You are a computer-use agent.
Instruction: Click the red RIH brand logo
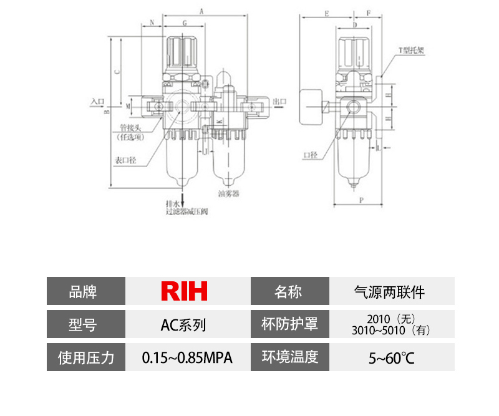[184, 291]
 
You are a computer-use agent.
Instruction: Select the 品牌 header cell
[86, 291]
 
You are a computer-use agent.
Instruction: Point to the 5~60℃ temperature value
[391, 358]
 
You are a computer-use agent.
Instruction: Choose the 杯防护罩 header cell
[289, 324]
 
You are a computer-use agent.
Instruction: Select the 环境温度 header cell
[289, 357]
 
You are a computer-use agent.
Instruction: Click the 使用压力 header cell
[86, 358]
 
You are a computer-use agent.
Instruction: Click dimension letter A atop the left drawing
[201, 11]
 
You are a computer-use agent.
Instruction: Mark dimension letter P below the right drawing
[361, 200]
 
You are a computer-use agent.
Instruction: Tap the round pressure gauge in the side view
[309, 107]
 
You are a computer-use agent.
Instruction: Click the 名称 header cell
[289, 291]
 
